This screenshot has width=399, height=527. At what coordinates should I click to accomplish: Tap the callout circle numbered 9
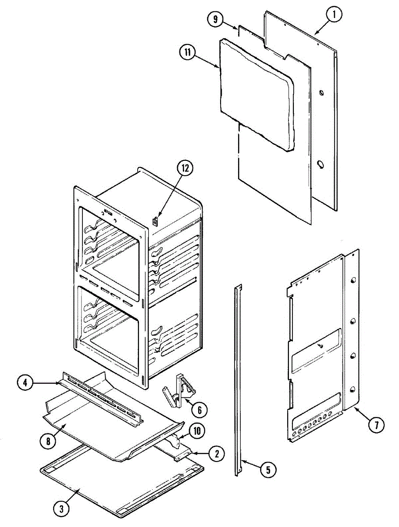coord(216,20)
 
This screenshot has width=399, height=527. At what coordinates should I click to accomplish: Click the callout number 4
coord(26,383)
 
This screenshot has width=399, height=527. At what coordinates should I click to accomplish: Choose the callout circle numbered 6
coord(199,410)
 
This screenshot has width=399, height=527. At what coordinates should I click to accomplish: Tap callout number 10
coord(197,431)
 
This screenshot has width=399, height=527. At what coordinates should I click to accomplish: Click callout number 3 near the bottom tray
coord(61,509)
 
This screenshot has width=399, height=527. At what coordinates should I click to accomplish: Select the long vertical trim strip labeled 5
coord(238,378)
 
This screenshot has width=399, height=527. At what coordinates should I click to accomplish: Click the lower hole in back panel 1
coord(321,165)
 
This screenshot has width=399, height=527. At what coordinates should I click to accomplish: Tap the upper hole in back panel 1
coord(321,93)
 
